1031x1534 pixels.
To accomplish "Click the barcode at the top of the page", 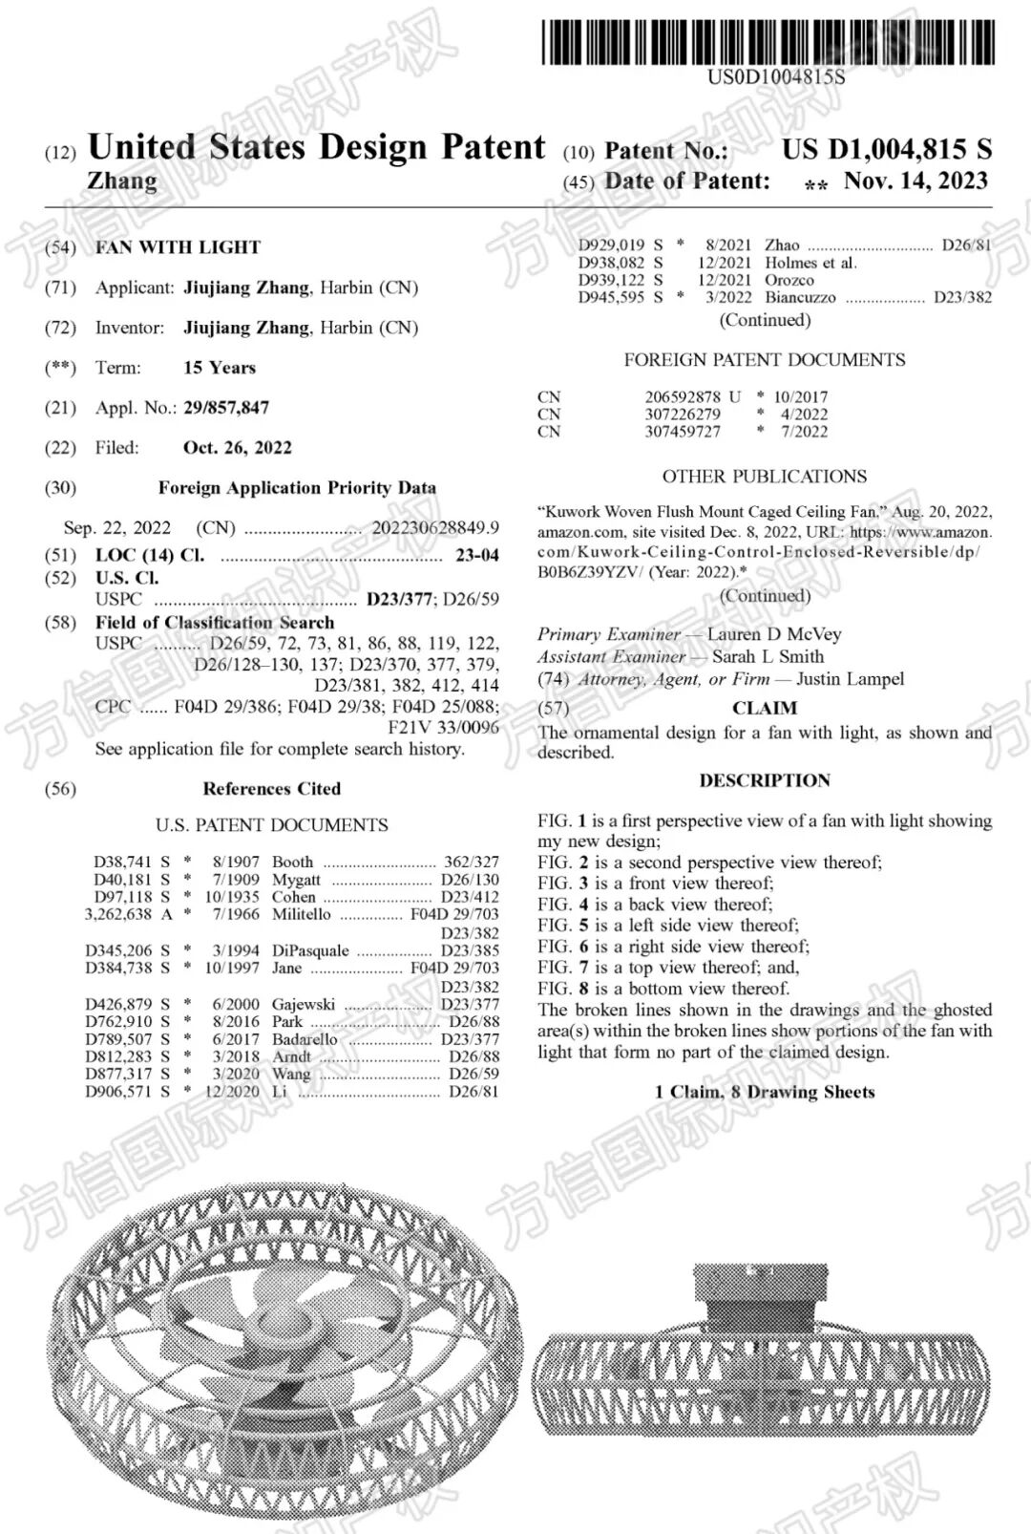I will coord(768,43).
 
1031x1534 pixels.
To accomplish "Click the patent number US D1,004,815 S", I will coord(887,150).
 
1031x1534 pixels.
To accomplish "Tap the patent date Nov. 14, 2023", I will coord(915,181).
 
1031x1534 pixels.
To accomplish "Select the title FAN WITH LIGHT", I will coord(178,247).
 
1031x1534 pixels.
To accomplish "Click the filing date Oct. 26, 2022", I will coord(238,448).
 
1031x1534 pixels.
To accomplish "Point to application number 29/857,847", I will coord(226,408).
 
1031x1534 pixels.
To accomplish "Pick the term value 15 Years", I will coord(220,368).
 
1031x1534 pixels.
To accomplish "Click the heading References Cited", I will coord(271,789).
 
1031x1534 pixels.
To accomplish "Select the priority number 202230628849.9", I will coord(435,528).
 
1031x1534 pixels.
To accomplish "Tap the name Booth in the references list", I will coord(292,862).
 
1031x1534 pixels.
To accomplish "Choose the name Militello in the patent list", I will coord(302,914).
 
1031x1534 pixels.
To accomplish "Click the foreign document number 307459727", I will coord(683,432).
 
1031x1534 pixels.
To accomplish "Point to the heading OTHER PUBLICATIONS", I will coord(765,477).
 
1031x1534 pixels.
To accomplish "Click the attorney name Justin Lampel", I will coord(850,679).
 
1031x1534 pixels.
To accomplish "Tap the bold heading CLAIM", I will coord(765,709).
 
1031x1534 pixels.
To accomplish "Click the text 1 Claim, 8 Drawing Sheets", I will coord(765,1092).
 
